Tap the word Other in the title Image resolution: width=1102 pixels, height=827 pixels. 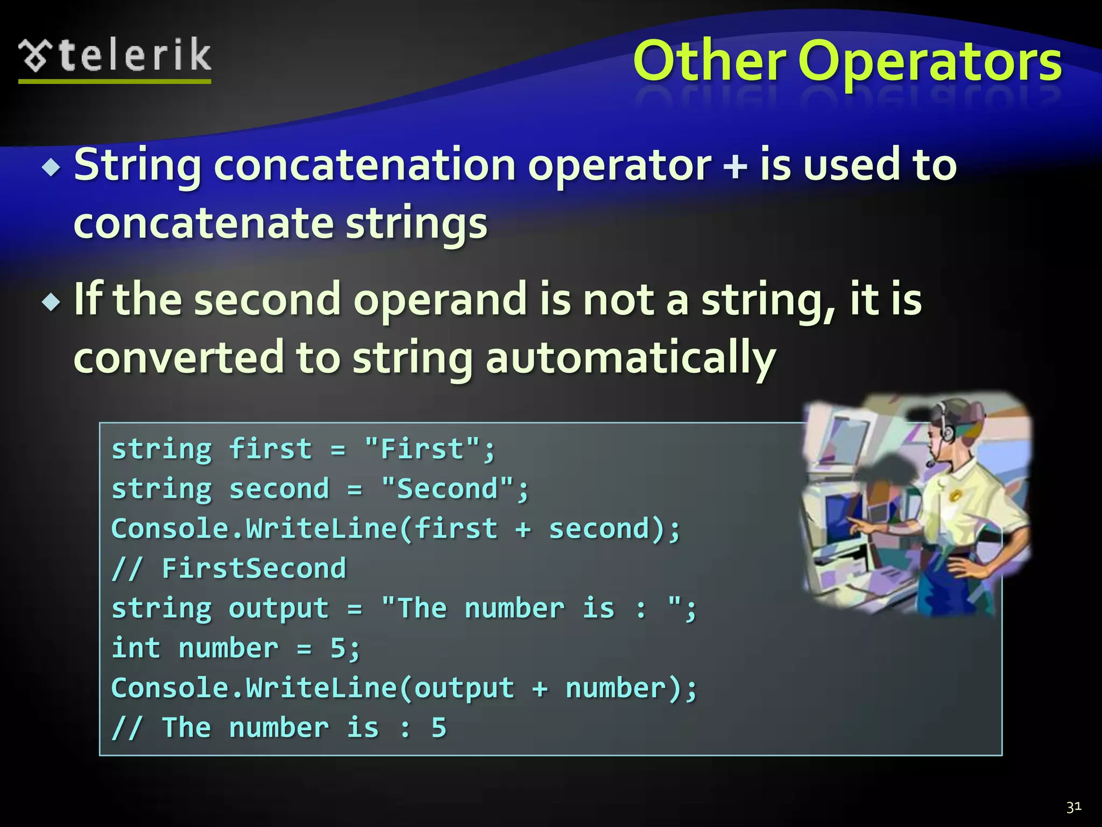point(709,62)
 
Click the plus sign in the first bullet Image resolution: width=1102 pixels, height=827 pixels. point(735,166)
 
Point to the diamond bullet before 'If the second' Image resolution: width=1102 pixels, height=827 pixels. point(52,302)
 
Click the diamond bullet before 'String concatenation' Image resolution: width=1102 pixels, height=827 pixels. point(52,168)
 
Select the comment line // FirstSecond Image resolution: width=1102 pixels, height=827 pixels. point(229,569)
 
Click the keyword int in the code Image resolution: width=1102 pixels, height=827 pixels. point(136,648)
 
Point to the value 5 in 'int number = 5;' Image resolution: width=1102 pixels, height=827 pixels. point(338,648)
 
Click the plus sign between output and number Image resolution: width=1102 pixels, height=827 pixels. point(539,689)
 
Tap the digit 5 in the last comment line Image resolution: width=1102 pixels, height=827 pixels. point(439,728)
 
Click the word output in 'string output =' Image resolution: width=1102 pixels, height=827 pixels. point(278,608)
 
